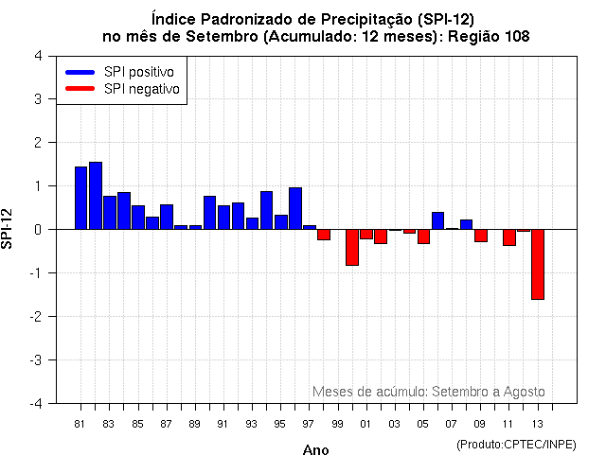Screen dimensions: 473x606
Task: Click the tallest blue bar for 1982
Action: (96, 196)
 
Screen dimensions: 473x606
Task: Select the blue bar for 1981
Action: (81, 198)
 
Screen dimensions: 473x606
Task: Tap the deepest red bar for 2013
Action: (538, 264)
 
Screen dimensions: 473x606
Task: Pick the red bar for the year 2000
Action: (352, 247)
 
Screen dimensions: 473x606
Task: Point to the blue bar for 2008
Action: (466, 224)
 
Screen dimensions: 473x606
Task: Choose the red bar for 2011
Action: (509, 237)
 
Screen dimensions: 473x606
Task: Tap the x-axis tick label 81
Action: (80, 423)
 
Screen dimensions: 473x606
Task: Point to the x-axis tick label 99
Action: (337, 423)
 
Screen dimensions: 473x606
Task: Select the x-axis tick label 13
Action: (537, 423)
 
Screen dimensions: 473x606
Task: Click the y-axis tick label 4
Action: (37, 56)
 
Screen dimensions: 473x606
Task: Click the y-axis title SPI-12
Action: (9, 229)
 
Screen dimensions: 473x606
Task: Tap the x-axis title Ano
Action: (316, 450)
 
